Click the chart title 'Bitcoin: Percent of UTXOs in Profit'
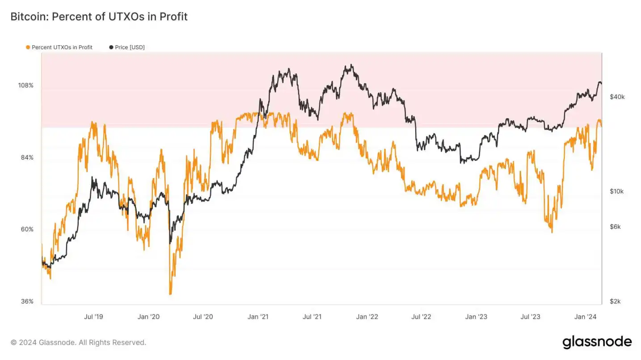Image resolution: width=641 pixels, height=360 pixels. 99,17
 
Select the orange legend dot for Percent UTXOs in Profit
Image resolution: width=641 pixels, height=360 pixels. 28,47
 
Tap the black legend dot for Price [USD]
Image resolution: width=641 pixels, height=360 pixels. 111,47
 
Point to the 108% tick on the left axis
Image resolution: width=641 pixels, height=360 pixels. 25,85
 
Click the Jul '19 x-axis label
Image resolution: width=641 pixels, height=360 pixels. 93,317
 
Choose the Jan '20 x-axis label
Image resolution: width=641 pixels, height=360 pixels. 148,317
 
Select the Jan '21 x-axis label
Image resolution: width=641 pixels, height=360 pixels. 258,317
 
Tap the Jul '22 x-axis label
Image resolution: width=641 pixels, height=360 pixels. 422,317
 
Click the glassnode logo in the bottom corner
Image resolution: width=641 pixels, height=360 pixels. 597,342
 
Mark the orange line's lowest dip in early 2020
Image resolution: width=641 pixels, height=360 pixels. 170,294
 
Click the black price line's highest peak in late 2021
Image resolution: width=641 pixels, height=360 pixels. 351,65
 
